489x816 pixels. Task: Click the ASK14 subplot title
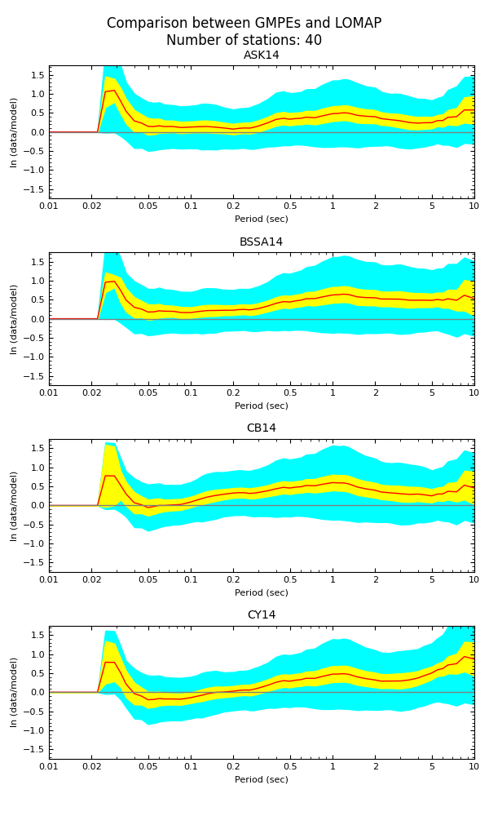click(x=261, y=55)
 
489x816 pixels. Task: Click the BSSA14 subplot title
click(x=261, y=242)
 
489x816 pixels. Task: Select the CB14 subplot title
click(x=261, y=428)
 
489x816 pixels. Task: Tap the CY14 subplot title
click(x=261, y=615)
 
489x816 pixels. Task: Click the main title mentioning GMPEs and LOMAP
click(x=244, y=24)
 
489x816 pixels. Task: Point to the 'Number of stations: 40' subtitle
click(x=244, y=41)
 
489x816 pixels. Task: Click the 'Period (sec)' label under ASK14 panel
click(x=261, y=219)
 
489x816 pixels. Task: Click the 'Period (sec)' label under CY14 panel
click(x=261, y=779)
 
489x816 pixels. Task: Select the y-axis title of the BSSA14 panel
click(x=14, y=319)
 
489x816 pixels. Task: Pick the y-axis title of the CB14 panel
click(x=14, y=506)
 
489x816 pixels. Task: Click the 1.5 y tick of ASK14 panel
click(x=37, y=75)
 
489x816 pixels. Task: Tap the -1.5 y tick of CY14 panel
click(x=35, y=750)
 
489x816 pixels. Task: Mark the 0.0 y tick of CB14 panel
click(x=37, y=506)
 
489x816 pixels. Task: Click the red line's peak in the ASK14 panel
click(x=113, y=90)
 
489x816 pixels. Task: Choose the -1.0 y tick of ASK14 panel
click(x=35, y=171)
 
